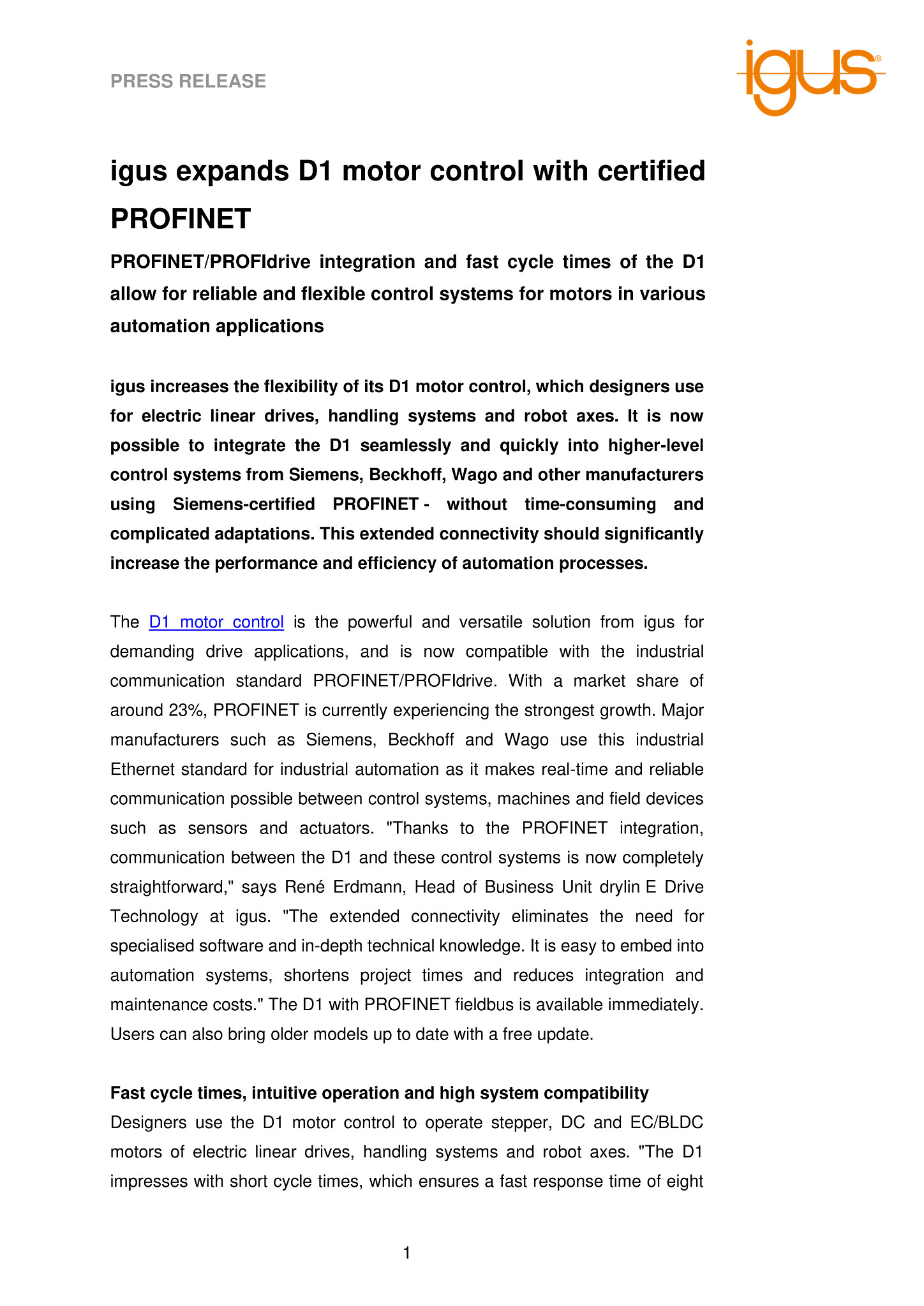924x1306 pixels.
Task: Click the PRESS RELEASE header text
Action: (x=188, y=82)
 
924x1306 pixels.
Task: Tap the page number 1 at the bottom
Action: (x=406, y=1253)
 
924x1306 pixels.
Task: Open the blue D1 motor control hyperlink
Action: (x=216, y=622)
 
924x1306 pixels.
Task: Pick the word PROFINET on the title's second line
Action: (x=181, y=219)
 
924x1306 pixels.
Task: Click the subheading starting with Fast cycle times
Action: (x=379, y=1093)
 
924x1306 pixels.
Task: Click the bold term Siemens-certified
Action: (x=244, y=504)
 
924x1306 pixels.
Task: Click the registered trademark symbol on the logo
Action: (x=878, y=58)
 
